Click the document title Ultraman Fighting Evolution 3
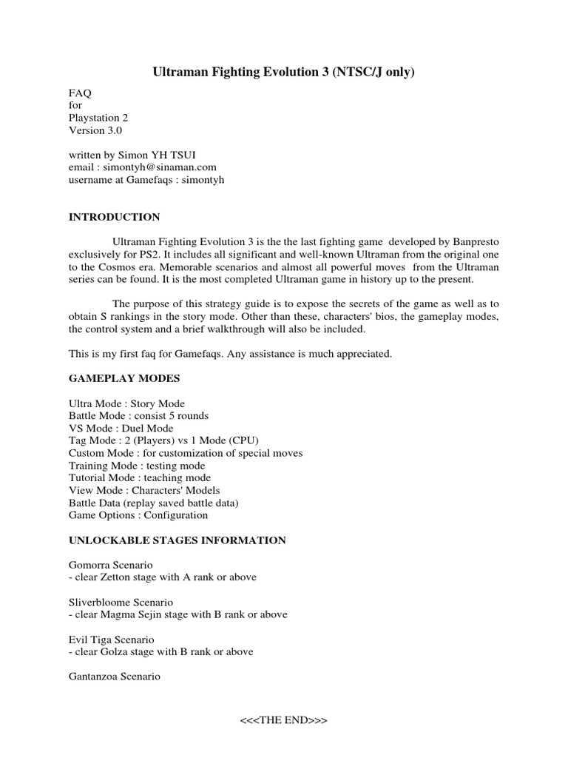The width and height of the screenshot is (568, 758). click(283, 73)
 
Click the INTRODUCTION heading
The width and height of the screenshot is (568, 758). click(114, 217)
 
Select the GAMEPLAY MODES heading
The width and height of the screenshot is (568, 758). click(124, 378)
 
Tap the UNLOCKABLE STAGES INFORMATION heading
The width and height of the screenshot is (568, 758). click(177, 540)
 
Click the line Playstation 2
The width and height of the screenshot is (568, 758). click(104, 118)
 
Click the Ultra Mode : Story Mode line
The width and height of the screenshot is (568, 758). click(126, 403)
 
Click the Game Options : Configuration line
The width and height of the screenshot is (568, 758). click(138, 515)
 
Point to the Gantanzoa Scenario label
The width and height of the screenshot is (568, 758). click(115, 677)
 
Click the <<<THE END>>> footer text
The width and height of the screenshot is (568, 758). click(284, 720)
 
